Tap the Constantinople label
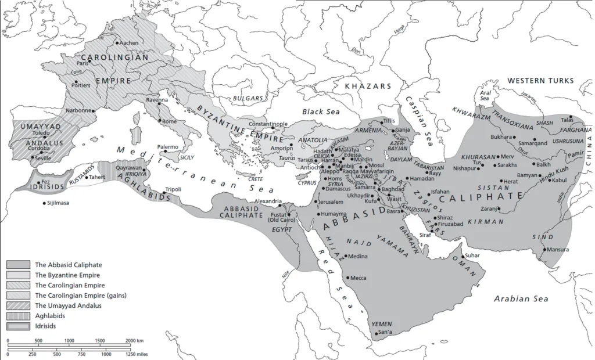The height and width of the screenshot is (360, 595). (x=268, y=124)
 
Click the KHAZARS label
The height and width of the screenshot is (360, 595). (x=368, y=86)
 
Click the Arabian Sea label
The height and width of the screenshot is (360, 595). (x=521, y=298)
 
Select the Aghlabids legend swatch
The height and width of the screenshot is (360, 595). (x=19, y=315)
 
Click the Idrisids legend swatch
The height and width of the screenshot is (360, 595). (x=19, y=325)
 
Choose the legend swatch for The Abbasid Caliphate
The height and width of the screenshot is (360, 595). (x=19, y=265)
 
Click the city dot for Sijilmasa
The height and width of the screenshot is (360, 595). (x=44, y=203)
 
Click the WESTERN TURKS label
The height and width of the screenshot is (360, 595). (x=540, y=81)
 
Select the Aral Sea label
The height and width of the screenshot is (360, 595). (x=486, y=95)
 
